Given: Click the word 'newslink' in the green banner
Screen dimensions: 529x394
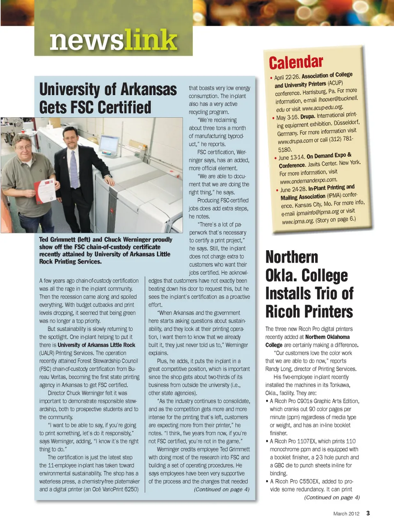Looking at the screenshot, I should [113, 41].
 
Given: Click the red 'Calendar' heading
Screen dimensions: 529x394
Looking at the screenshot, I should [296, 62].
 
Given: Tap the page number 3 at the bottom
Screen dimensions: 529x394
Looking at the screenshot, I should [368, 513].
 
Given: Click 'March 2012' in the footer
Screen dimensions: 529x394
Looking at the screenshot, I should [346, 513].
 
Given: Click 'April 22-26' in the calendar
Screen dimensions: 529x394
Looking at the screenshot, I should [287, 77].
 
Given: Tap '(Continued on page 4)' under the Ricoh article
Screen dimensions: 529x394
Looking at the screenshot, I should [332, 497].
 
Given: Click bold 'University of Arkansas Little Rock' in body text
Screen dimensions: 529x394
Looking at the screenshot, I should [96, 345].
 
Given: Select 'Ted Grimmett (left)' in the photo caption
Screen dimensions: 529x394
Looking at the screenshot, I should [64, 239].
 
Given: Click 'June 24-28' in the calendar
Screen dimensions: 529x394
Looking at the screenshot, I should [293, 189].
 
